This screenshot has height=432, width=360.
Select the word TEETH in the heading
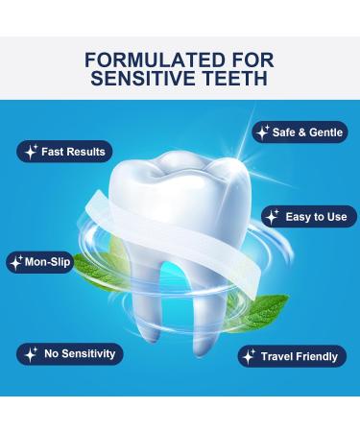pyautogui.click(x=237, y=78)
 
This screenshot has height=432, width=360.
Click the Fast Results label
pyautogui.click(x=73, y=151)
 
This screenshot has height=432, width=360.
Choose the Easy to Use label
pyautogui.click(x=316, y=216)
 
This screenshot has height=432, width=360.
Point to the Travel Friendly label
pyautogui.click(x=299, y=356)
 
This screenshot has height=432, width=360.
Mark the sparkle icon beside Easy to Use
pyautogui.click(x=274, y=216)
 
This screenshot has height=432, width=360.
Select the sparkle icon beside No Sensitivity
pyautogui.click(x=31, y=353)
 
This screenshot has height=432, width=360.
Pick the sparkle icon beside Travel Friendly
pyautogui.click(x=249, y=356)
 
